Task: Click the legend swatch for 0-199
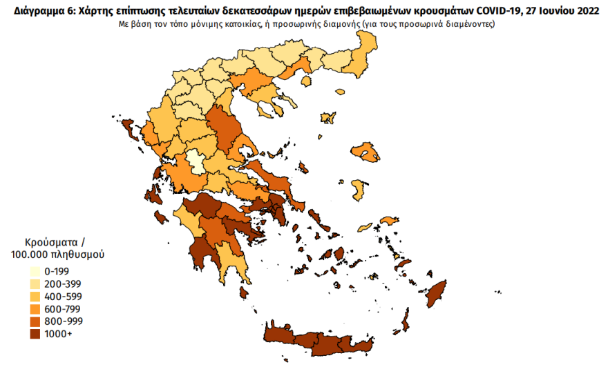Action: (x=32, y=271)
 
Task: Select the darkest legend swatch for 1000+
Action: (x=32, y=334)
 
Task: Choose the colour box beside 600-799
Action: (x=32, y=309)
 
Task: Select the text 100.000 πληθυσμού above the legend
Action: (x=57, y=255)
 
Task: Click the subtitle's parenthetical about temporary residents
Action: (x=428, y=23)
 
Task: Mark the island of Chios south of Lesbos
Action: (x=359, y=190)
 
